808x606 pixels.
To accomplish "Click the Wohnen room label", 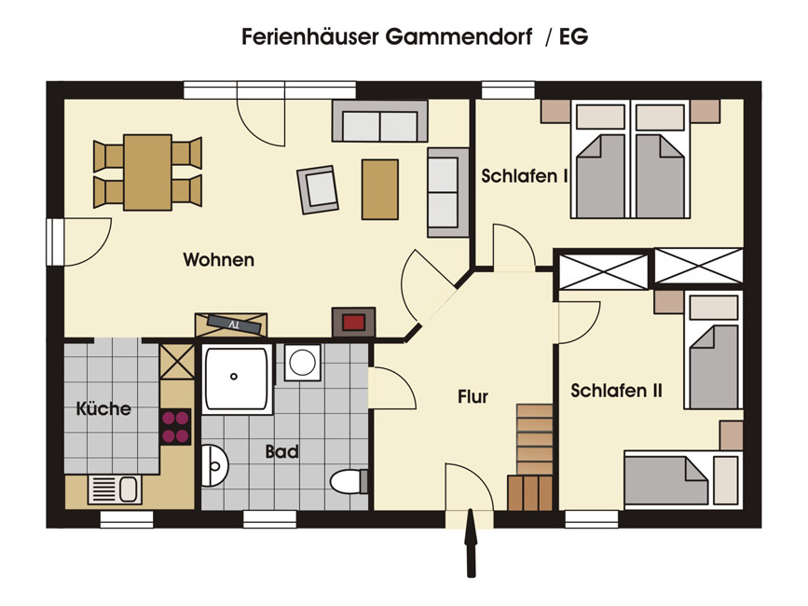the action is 218,259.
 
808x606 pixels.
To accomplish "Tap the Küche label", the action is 103,408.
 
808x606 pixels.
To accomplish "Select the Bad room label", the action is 281,452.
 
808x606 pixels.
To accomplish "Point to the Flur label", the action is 472,397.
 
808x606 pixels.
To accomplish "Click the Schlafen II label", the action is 616,391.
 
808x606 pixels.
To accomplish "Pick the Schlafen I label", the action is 525,175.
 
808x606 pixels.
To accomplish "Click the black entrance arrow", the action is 471,543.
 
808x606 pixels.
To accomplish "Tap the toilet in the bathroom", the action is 349,482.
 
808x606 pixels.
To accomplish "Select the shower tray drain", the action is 234,377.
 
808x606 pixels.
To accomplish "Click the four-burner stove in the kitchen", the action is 176,427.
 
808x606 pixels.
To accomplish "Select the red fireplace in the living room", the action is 353,323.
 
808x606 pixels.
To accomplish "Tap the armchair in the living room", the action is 318,189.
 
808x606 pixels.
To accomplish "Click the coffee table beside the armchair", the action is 380,189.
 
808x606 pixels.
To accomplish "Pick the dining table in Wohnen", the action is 147,172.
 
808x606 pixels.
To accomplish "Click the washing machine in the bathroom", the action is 302,363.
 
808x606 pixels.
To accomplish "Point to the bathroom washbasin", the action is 214,466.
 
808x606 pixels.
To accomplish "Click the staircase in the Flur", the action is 532,457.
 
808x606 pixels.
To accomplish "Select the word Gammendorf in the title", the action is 459,37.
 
